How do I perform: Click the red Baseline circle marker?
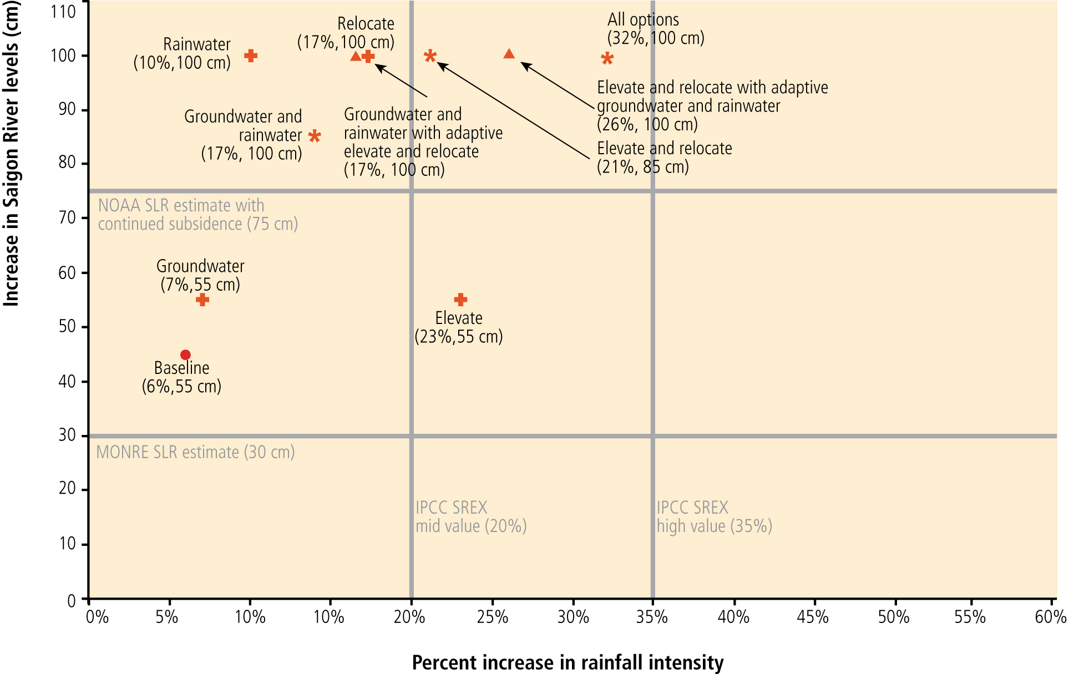185,355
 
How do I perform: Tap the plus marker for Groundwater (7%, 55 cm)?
202,300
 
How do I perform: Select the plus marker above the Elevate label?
460,300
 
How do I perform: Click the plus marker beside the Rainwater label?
251,55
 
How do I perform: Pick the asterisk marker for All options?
607,59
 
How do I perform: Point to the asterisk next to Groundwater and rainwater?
315,136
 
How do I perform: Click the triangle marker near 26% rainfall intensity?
509,54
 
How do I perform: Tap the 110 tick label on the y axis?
63,11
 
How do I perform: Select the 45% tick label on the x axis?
813,617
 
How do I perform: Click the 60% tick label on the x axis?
1051,617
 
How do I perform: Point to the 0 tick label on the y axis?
72,601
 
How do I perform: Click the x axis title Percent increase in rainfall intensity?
568,662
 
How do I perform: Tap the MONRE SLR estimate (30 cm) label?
195,452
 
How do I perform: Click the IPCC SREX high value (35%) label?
714,516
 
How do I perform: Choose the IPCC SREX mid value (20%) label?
471,516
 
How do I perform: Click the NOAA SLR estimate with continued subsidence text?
197,215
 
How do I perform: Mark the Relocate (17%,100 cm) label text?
346,33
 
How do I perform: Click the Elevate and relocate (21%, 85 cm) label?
664,158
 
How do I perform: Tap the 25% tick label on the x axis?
493,617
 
